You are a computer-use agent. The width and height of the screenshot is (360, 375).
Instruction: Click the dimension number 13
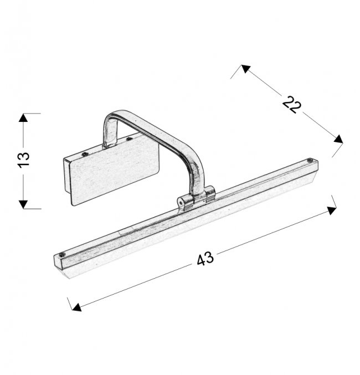23,160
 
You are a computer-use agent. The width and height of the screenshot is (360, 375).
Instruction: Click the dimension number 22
292,105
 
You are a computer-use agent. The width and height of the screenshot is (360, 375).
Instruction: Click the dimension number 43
205,259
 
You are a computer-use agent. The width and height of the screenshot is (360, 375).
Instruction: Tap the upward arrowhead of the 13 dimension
23,117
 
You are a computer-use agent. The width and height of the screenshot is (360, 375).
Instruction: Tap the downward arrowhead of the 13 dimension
23,204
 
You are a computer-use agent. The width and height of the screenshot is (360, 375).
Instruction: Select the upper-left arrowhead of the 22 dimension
245,68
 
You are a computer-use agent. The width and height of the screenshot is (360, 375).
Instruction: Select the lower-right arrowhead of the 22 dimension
338,139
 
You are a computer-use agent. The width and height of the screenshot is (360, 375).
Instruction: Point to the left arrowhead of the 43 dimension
76,307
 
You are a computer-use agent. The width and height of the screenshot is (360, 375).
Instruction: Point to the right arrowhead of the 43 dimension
332,210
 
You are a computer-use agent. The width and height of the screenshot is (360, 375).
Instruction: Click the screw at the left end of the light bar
61,254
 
